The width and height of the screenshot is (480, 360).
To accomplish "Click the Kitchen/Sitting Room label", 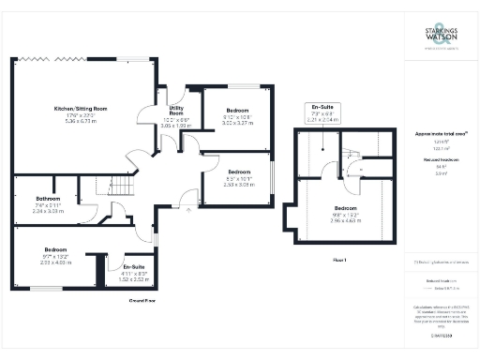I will click(x=80, y=109).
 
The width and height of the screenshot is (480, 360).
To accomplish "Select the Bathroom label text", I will click(x=48, y=199).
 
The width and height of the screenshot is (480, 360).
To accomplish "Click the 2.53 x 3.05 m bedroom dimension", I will click(x=239, y=185).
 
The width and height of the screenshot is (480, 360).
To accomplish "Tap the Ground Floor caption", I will click(x=142, y=301).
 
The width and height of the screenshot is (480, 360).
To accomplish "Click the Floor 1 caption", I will click(x=339, y=259).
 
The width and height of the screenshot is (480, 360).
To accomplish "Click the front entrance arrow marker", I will click(x=188, y=211).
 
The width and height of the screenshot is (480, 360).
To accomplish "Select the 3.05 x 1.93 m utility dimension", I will click(x=176, y=124).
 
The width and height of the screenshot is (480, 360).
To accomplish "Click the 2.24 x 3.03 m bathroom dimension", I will click(x=48, y=211).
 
